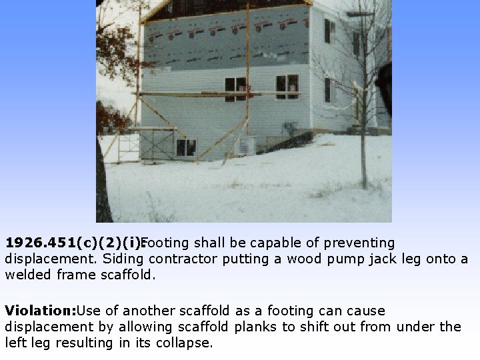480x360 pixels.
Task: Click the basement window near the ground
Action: click(x=185, y=147)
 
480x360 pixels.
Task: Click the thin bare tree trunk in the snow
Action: click(x=363, y=133)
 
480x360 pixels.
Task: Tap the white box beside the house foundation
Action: click(x=246, y=145)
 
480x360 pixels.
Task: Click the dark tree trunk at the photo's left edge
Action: click(x=103, y=187)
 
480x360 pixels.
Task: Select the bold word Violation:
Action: click(x=40, y=311)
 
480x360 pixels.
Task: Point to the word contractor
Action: click(x=184, y=259)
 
